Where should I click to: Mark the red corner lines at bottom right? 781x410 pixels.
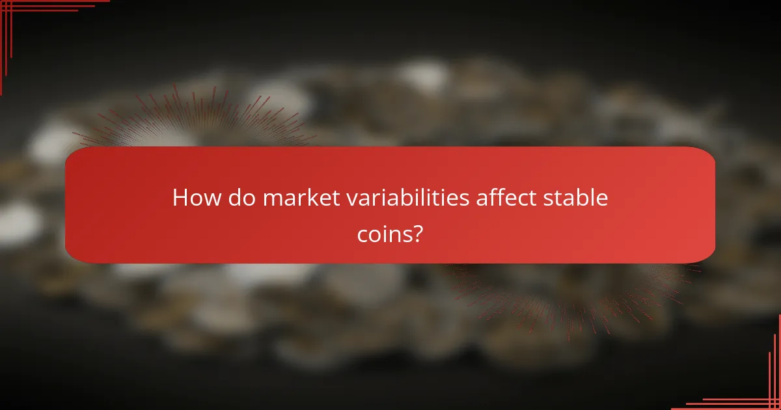point(761,390)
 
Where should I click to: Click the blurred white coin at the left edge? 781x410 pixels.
point(16,221)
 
